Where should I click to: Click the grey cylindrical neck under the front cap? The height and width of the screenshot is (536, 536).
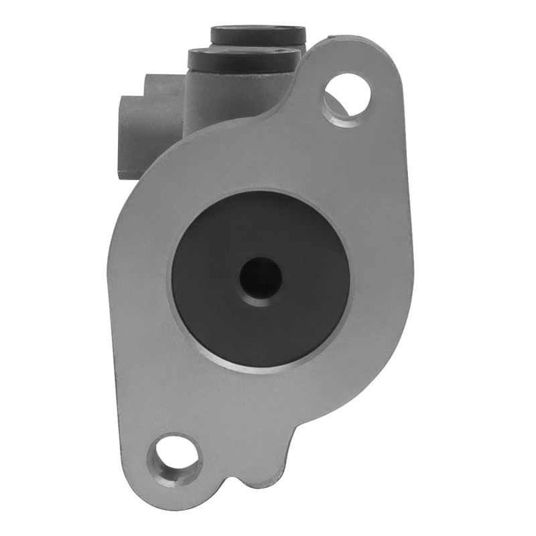click(221, 94)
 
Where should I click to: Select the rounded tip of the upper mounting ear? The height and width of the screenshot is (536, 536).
click(375, 54)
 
